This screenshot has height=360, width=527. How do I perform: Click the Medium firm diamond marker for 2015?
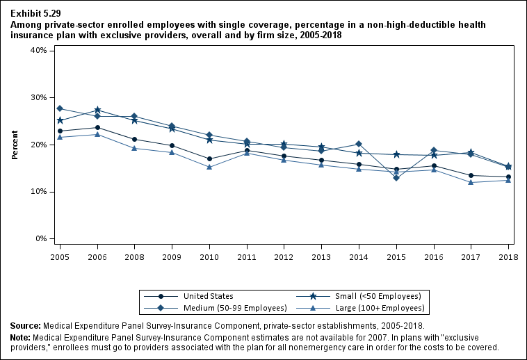coord(396,178)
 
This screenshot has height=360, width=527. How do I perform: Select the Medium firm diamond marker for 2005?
coord(60,108)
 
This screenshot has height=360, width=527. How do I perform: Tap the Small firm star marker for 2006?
coord(97,110)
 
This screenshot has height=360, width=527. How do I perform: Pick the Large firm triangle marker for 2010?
coord(209,167)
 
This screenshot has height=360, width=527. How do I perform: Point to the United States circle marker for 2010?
coord(209,158)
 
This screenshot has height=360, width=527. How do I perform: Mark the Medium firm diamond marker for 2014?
coord(359,144)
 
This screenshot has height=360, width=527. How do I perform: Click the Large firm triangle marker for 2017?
coord(471,182)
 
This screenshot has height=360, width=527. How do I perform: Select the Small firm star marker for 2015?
coord(396,154)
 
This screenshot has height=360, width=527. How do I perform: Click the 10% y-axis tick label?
coord(38,192)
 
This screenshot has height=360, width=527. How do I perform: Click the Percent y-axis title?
coord(15,145)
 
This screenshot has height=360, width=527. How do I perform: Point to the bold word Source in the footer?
coord(25,325)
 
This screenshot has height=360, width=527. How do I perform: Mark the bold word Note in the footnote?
coord(21,337)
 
